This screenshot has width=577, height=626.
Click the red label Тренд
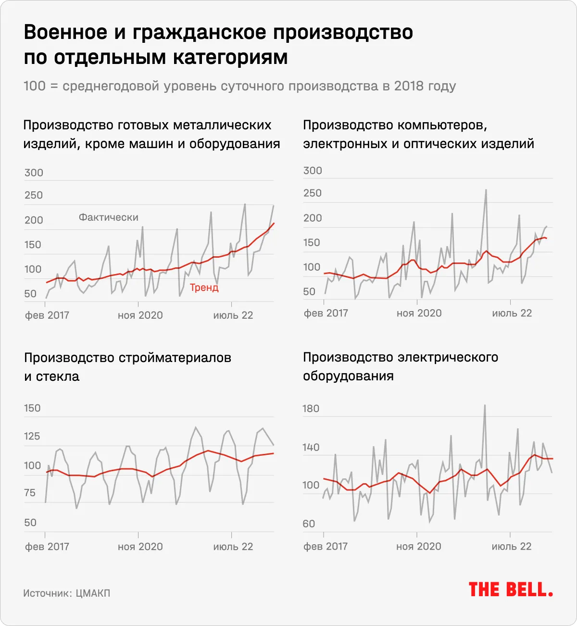tap(204, 288)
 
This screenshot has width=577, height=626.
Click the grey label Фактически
tap(109, 217)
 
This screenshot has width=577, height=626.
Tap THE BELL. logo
tap(511, 589)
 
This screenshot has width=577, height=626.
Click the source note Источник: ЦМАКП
tap(67, 593)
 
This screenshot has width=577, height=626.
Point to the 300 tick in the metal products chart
tap(34, 173)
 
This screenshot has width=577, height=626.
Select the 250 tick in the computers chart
tap(313, 193)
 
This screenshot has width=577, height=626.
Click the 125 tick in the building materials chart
tap(33, 437)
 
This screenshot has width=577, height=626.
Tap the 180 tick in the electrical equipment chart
tap(311, 409)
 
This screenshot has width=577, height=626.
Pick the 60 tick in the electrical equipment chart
tap(309, 524)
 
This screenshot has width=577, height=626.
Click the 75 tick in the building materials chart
tap(30, 493)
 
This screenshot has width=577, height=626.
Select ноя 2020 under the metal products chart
tap(140, 315)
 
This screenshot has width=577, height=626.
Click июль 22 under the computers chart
tap(512, 313)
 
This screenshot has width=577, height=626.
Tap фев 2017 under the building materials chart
tap(47, 547)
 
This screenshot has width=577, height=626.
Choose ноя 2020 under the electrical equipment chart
tap(419, 547)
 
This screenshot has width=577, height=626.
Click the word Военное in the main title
tap(65, 33)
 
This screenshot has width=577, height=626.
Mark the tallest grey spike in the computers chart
tap(486, 190)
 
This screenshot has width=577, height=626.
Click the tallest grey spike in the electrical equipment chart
tap(485, 405)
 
